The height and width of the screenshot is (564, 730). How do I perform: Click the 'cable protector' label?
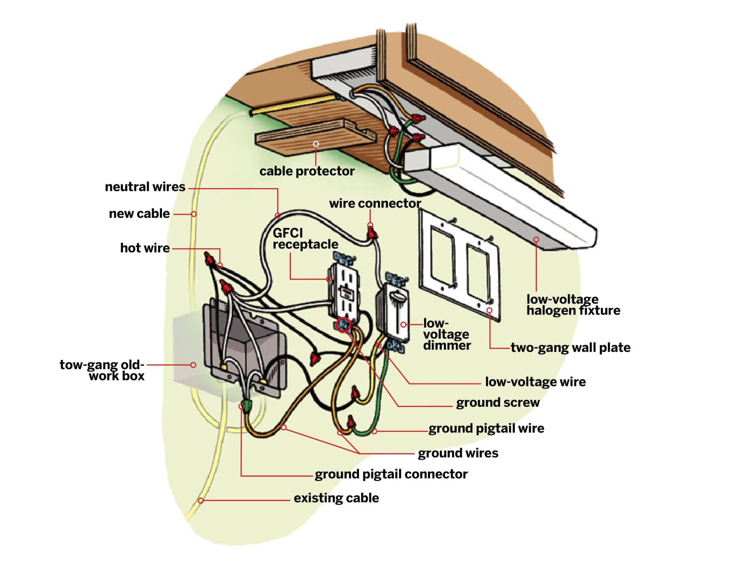click(x=307, y=171)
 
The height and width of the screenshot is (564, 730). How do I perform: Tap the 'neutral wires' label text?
click(x=145, y=187)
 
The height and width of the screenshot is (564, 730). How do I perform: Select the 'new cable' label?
click(x=139, y=214)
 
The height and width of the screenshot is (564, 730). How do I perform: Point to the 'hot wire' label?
click(x=145, y=248)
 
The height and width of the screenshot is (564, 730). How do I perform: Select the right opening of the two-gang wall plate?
click(x=478, y=274)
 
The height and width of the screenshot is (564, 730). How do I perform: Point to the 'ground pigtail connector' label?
click(x=391, y=474)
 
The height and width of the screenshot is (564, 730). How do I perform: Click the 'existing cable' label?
click(x=336, y=498)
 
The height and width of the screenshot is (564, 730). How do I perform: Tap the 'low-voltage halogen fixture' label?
click(x=573, y=305)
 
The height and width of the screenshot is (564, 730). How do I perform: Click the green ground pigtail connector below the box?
click(x=247, y=405)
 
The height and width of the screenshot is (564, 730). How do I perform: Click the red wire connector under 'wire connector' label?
click(x=371, y=232)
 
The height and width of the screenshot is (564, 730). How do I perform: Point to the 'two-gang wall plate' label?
click(x=570, y=348)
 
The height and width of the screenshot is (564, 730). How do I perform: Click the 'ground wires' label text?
click(x=458, y=453)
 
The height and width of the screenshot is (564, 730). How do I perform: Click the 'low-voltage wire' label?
click(x=535, y=382)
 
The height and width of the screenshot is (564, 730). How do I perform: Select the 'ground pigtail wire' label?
click(x=486, y=429)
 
